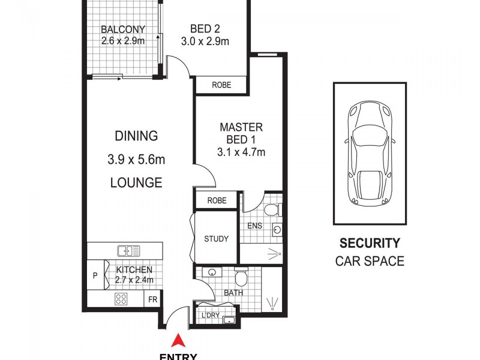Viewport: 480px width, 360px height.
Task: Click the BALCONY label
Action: click(122, 29)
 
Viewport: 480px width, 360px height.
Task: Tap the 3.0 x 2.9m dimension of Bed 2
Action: click(205, 41)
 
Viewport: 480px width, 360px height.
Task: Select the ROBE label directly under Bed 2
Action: click(221, 85)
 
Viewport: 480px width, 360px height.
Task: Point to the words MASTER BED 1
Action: click(241, 133)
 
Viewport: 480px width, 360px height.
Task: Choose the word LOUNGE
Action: click(136, 182)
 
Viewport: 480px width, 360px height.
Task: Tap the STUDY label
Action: click(216, 239)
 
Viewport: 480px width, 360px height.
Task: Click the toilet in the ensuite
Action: click(272, 210)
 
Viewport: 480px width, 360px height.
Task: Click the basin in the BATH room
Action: click(212, 272)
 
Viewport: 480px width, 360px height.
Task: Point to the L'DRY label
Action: click(210, 315)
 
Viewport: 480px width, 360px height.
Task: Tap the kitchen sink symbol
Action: click(129, 251)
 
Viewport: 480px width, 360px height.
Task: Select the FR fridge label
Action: click(152, 299)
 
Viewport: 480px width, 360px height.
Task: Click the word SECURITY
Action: click(370, 244)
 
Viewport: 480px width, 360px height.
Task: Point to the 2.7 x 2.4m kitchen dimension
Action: click(134, 280)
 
